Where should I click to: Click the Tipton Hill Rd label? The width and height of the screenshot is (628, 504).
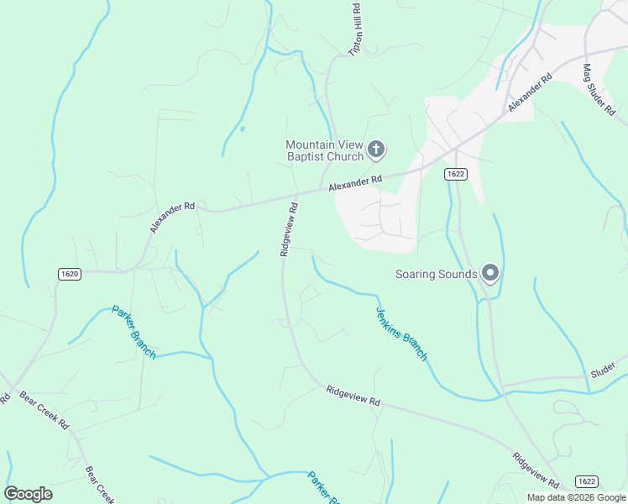tap(355, 29)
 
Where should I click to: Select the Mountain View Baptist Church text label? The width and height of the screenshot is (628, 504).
tap(324, 150)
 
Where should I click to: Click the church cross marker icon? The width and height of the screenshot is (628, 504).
tap(376, 150)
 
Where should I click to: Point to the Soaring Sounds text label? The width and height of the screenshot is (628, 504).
tap(437, 274)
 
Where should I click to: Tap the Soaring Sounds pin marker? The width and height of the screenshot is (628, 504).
tap(490, 273)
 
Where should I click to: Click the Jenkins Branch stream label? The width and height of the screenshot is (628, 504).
tap(400, 333)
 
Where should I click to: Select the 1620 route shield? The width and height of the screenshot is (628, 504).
tap(70, 274)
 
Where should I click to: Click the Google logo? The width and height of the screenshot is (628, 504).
tap(29, 494)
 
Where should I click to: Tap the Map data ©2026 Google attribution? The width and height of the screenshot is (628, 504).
tap(577, 497)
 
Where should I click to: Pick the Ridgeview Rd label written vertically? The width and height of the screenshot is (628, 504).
tap(289, 228)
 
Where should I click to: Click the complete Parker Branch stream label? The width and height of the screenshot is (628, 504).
tap(133, 332)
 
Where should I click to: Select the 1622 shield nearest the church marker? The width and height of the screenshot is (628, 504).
tap(455, 174)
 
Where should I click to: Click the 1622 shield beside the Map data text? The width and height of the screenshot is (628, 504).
tap(587, 480)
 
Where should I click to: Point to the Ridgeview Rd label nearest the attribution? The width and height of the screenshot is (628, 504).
tap(536, 470)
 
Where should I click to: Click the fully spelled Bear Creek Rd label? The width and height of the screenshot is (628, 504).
tap(44, 409)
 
